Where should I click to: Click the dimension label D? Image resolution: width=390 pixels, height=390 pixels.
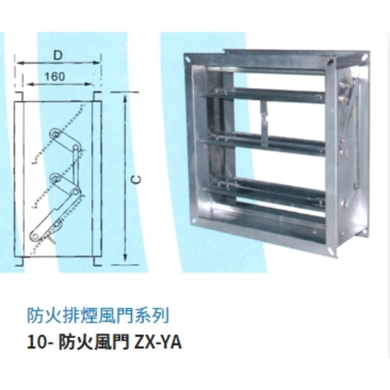coord(57,56)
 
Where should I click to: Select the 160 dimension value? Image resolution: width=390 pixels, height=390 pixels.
coord(55,76)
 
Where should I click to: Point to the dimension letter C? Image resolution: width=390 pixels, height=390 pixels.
coord(136,179)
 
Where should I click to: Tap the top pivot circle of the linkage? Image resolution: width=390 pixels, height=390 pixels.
coord(55,133)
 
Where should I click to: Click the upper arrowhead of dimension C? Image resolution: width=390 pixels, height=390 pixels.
coord(125,97)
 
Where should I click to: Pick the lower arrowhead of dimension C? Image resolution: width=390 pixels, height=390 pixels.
coord(125,259)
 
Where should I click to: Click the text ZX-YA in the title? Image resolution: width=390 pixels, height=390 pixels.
coord(158,343)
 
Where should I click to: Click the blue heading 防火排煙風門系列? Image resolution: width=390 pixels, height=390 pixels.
coord(98,315)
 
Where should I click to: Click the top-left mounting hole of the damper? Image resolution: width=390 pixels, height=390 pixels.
coord(188,58)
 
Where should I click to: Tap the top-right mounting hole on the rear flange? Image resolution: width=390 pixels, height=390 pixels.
coord(364,58)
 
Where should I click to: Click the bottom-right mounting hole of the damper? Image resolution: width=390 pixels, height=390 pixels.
coord(330,251)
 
